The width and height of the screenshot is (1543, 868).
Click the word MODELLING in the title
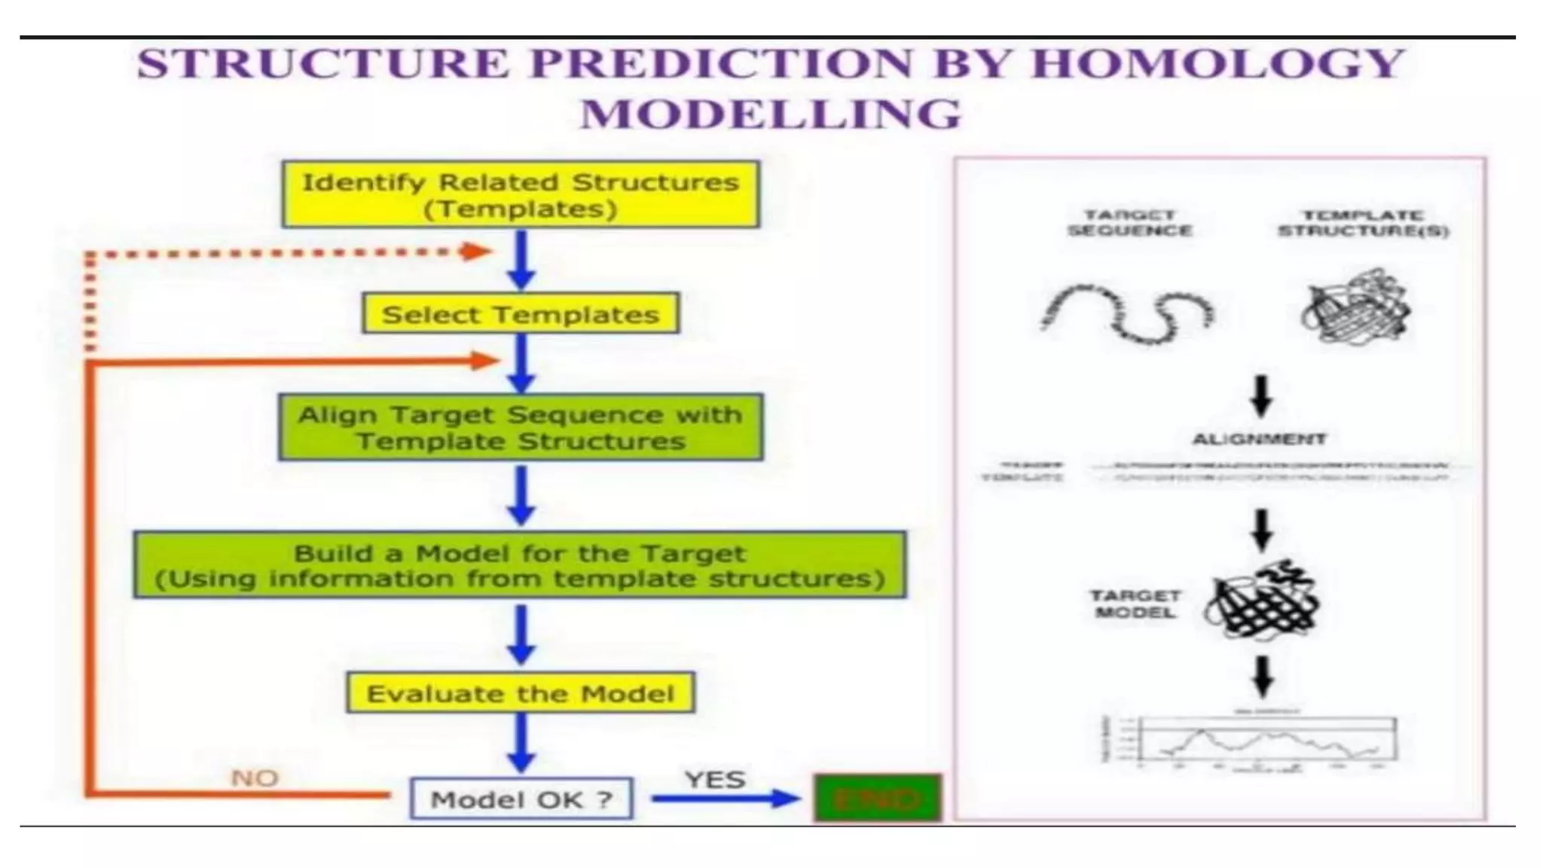click(x=771, y=115)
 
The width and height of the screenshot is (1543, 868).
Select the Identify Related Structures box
click(x=521, y=194)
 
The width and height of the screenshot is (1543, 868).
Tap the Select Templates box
click(x=521, y=314)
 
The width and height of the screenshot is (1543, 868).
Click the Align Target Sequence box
click(x=521, y=427)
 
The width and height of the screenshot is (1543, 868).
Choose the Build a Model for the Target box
click(x=521, y=566)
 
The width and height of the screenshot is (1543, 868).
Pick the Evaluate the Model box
click(x=521, y=693)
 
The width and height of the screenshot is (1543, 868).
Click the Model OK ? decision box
click(x=521, y=799)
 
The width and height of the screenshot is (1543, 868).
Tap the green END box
click(x=877, y=798)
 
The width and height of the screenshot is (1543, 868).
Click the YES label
click(x=715, y=779)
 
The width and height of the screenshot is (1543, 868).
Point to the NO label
click(x=254, y=778)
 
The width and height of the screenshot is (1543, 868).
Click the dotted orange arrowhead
click(x=477, y=252)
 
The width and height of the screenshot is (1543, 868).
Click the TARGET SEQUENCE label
click(x=1129, y=223)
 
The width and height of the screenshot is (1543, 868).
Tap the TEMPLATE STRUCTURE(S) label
click(x=1363, y=223)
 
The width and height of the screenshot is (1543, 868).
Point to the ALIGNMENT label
click(x=1259, y=439)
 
